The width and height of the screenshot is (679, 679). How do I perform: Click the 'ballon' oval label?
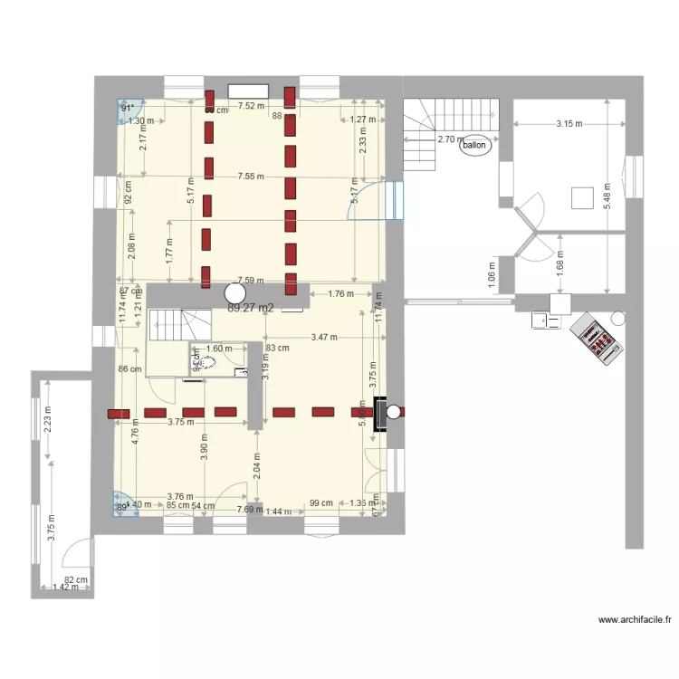473,145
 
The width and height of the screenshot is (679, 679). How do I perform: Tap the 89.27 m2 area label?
252,308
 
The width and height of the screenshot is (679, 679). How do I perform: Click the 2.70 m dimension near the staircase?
450,139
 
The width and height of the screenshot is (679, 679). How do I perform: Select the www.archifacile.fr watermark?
635,620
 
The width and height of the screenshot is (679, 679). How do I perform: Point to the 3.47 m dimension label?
322,337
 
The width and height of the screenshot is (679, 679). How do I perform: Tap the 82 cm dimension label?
75,580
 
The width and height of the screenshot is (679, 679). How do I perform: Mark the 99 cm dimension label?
322,503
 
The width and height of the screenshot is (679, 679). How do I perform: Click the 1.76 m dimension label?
340,293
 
